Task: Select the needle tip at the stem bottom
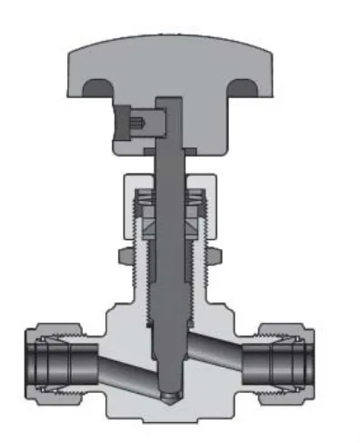tap(170, 397)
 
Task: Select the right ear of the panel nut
tap(216, 254)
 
